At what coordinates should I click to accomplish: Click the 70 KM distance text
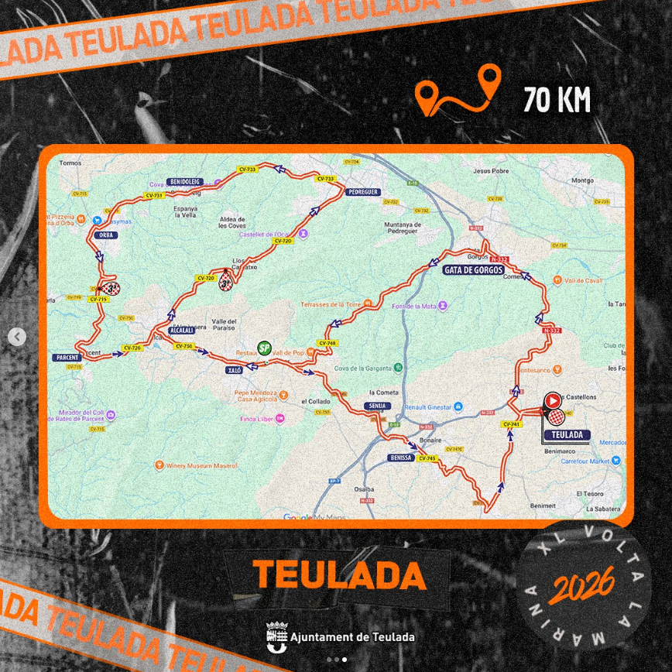point(557,100)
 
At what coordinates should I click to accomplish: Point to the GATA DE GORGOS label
point(473,270)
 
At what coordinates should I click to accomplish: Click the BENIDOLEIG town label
point(184,181)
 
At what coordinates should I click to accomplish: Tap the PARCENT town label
point(68,358)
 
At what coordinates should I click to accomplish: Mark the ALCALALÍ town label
point(185,330)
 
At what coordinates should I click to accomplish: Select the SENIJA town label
point(376,406)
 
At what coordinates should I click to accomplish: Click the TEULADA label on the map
point(567,435)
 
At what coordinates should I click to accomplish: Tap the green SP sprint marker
point(264,348)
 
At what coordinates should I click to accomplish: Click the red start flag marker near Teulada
point(554,400)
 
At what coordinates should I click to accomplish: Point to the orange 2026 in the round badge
point(581,585)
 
